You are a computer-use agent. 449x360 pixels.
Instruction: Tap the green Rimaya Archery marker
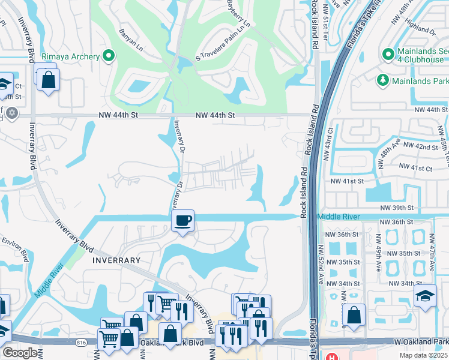(x=109, y=56)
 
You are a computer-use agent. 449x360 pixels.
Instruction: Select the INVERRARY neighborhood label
(x=116, y=260)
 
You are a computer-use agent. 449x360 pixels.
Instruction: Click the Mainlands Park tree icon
(x=382, y=80)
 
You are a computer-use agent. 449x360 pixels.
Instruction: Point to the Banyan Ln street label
(x=131, y=38)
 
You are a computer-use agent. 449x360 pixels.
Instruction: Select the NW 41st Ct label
(x=415, y=167)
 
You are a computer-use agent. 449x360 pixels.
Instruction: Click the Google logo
(x=19, y=353)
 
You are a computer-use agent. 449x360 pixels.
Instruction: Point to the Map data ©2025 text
(x=423, y=355)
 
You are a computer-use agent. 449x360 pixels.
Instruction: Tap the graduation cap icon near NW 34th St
(x=425, y=295)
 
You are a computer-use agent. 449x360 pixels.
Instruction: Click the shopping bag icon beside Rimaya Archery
(x=48, y=79)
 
